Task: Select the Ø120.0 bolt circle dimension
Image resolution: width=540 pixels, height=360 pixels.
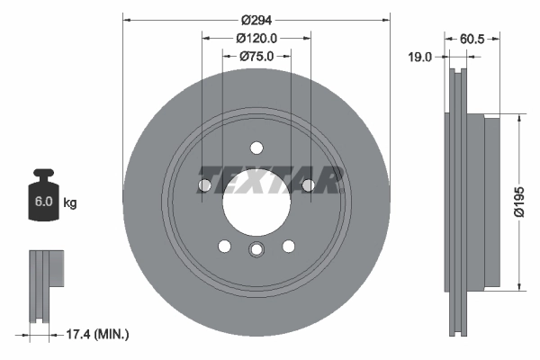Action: (x=256, y=38)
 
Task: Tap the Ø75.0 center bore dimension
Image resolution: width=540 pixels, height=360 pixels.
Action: (x=256, y=56)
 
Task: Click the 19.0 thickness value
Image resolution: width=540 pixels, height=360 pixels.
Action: (x=420, y=57)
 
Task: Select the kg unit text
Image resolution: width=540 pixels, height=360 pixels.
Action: (x=70, y=202)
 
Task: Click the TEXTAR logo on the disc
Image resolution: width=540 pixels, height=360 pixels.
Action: (x=270, y=180)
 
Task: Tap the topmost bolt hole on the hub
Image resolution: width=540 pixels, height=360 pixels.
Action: (x=256, y=148)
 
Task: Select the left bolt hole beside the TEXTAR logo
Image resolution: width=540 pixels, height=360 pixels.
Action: (x=204, y=185)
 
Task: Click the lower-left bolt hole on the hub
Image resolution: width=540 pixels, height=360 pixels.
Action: (x=225, y=245)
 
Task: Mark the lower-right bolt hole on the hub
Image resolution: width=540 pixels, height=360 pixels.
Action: (x=289, y=245)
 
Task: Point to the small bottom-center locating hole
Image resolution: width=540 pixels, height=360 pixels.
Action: (x=256, y=251)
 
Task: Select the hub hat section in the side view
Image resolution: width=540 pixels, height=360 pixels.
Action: (x=490, y=202)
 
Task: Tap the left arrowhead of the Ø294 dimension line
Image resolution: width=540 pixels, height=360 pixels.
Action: (x=125, y=17)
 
